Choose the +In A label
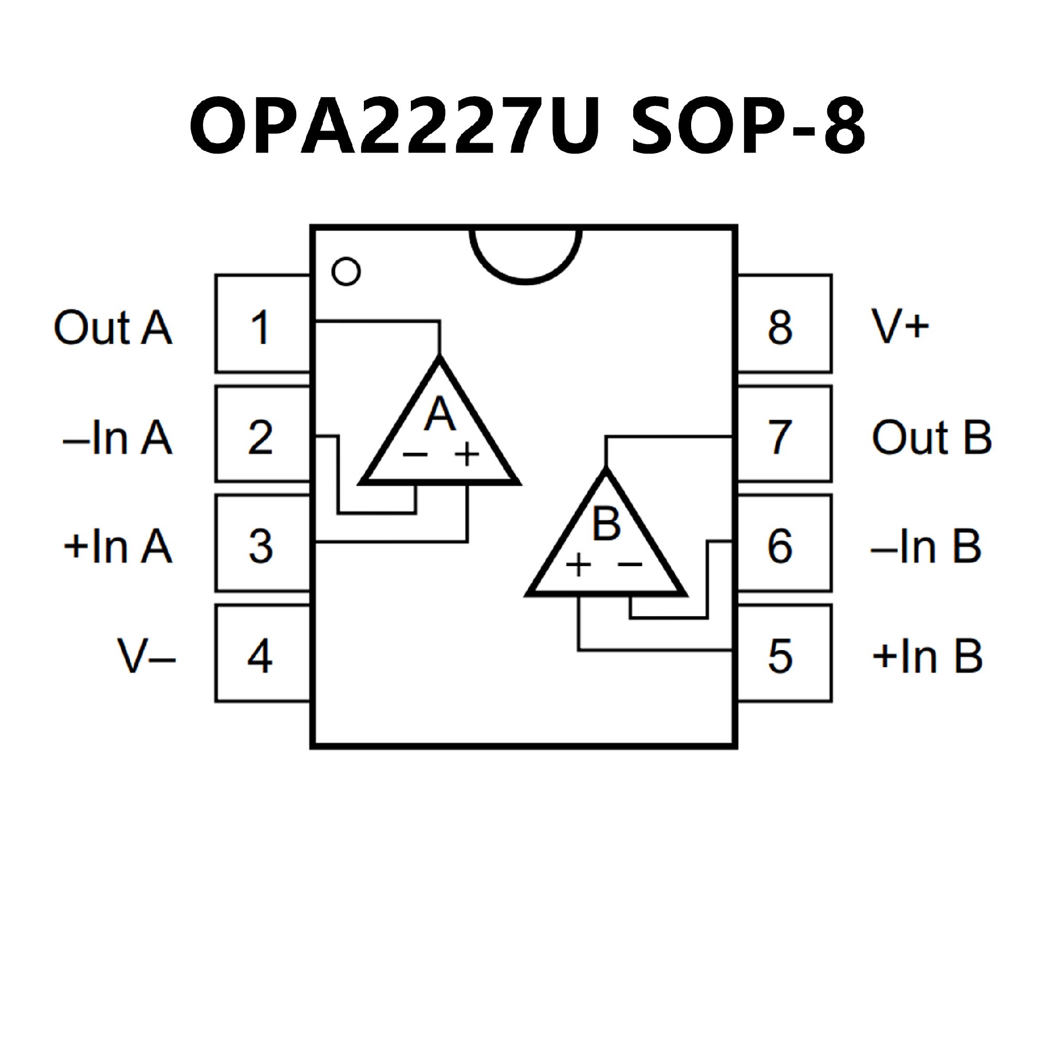coord(117,546)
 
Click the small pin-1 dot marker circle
coord(346,271)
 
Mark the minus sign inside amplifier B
coord(630,564)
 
